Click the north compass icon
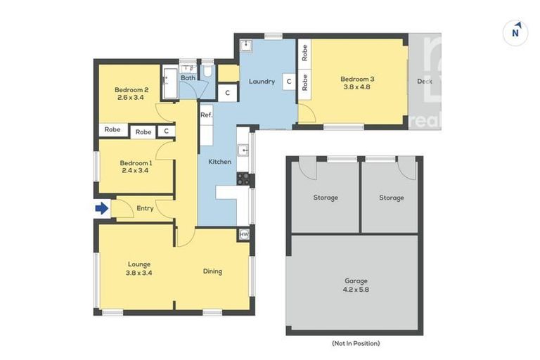515,32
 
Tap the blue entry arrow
102,208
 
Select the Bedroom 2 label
131,89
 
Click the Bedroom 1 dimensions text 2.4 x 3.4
136,169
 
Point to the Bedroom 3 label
357,79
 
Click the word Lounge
139,264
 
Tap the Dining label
212,271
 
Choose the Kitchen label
219,162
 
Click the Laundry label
262,82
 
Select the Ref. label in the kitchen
206,115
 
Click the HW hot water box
244,234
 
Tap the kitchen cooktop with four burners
243,178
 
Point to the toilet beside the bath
208,71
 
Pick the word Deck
425,81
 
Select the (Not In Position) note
355,343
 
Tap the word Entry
145,208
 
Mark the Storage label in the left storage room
325,198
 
